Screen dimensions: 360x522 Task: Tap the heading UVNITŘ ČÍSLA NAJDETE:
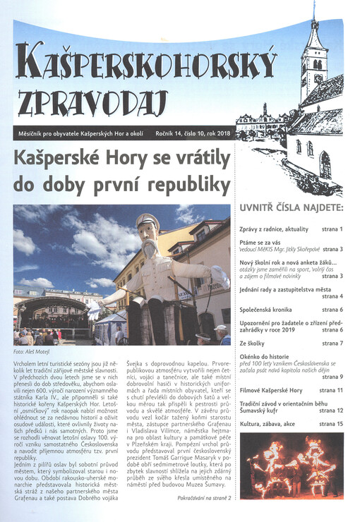[292, 209]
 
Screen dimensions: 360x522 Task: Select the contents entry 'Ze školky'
[255, 343]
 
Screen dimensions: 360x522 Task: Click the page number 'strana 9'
[332, 377]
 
